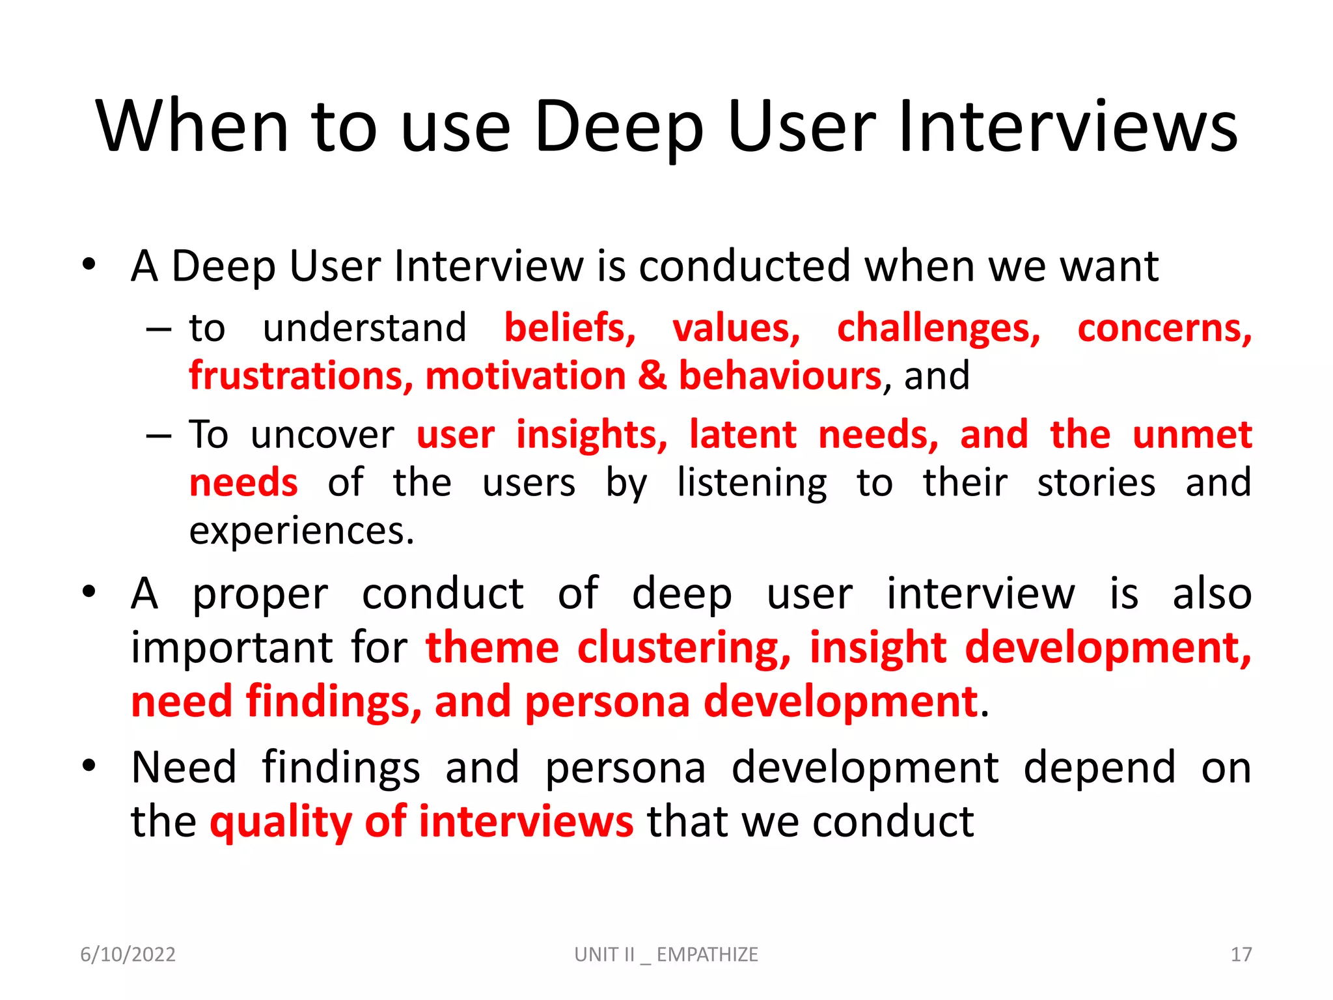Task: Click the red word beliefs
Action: tap(570, 327)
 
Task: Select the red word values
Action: tap(735, 327)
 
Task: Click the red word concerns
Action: tap(1164, 327)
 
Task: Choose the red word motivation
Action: tap(525, 376)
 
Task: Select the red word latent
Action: tap(743, 434)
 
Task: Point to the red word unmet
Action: tap(1192, 434)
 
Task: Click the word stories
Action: tap(1096, 482)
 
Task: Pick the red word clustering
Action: tap(683, 648)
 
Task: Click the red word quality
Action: tap(281, 822)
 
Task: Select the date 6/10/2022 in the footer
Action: tap(128, 954)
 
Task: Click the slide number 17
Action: tap(1241, 954)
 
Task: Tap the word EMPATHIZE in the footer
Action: tap(707, 954)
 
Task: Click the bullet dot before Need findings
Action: tap(89, 766)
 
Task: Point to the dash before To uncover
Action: tap(158, 436)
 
